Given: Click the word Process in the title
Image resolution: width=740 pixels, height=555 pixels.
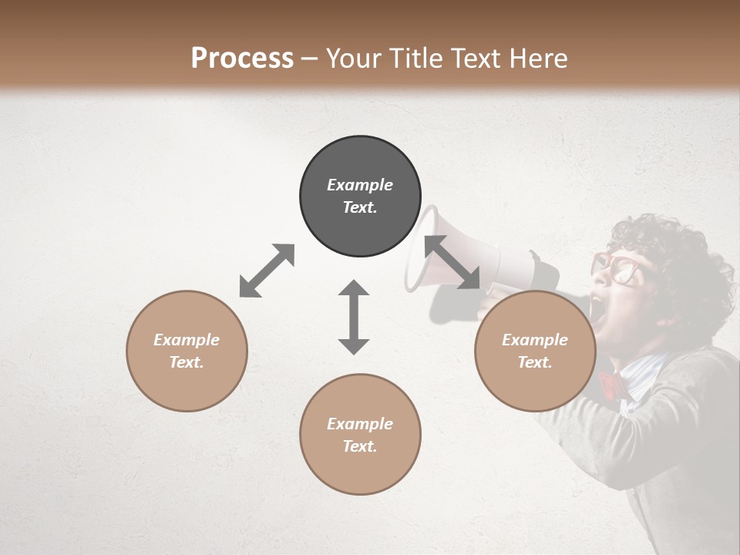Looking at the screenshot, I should (242, 58).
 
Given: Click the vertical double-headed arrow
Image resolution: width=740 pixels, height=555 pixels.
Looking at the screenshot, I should (354, 317).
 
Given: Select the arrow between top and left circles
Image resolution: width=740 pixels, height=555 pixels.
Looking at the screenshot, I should (267, 271).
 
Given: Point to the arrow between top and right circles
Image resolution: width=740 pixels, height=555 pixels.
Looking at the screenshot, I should (452, 262).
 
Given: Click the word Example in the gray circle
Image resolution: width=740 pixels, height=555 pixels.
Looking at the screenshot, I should (360, 185).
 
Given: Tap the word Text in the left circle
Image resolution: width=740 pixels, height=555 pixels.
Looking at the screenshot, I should (186, 362).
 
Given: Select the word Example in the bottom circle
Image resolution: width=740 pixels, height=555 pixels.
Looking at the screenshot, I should (360, 424).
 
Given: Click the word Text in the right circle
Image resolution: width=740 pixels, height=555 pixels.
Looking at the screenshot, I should (534, 362).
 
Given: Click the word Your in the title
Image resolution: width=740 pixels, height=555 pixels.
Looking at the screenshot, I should (351, 58).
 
